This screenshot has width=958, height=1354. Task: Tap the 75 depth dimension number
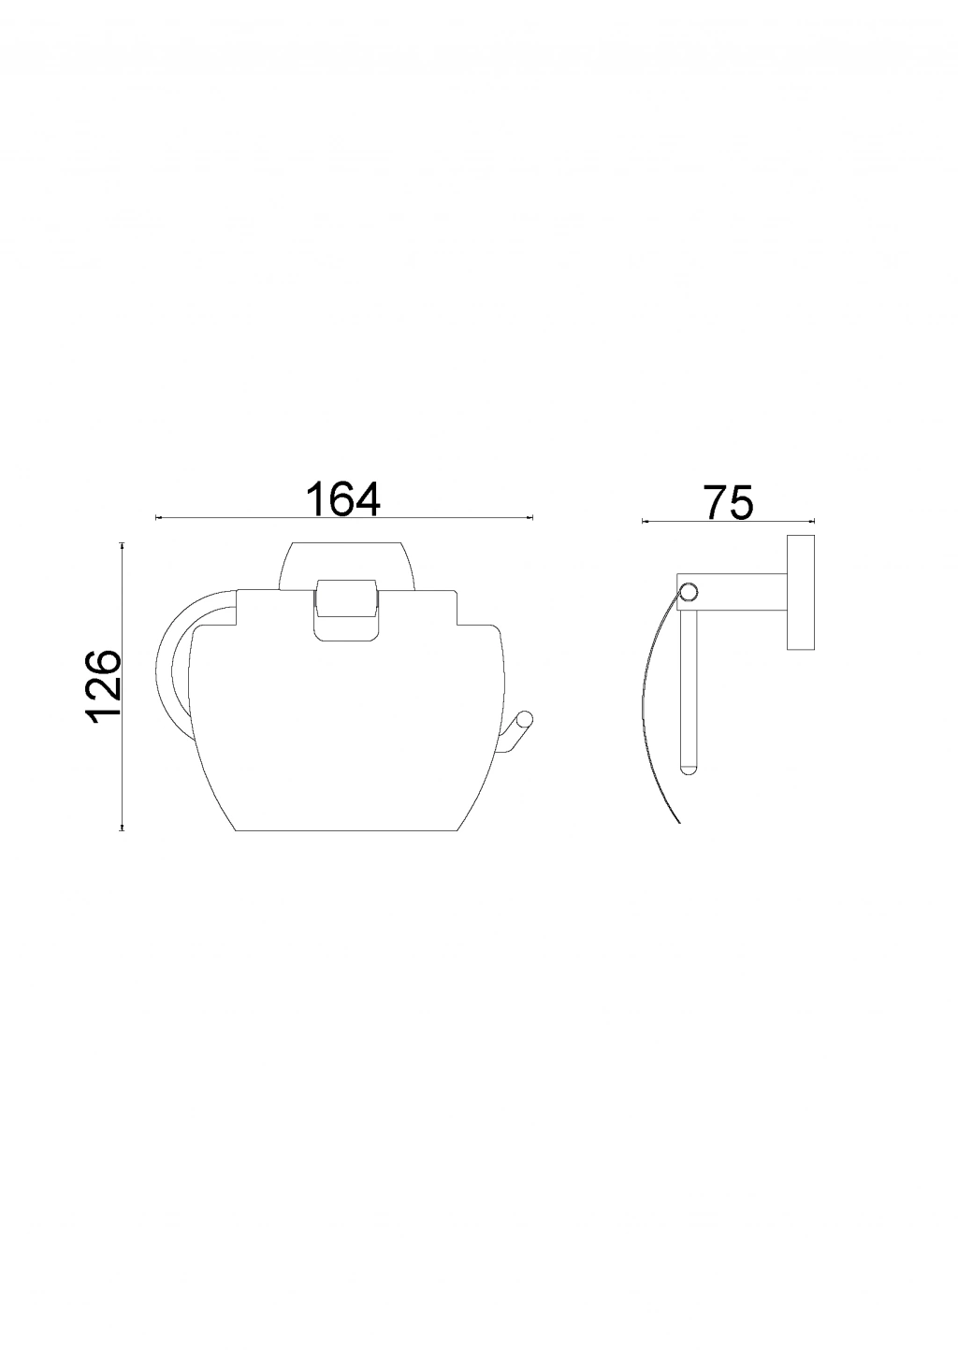pyautogui.click(x=729, y=503)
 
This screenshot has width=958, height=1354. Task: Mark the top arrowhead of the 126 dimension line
pyautogui.click(x=123, y=544)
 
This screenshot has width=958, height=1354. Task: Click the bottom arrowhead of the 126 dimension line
pyautogui.click(x=123, y=828)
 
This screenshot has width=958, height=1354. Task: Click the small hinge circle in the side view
pyautogui.click(x=689, y=591)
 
